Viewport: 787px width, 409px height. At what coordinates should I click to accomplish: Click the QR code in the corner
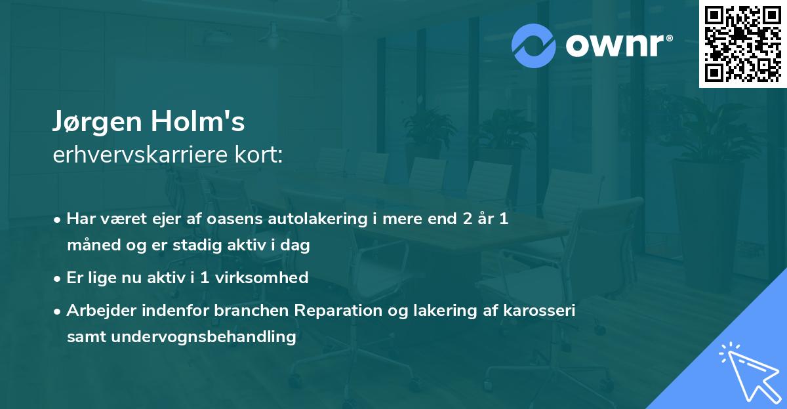tap(742, 43)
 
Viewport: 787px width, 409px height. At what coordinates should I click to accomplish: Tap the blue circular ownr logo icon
tap(534, 46)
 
